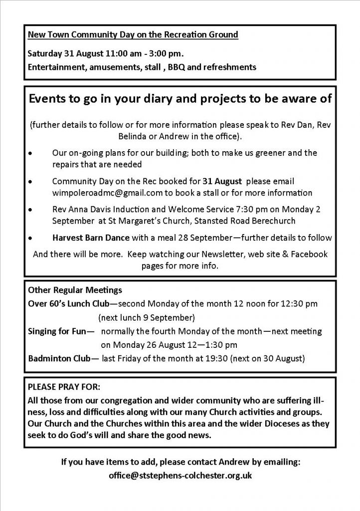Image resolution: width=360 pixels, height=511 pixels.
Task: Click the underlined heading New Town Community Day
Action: (133, 34)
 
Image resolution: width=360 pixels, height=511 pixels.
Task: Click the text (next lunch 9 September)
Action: (146, 317)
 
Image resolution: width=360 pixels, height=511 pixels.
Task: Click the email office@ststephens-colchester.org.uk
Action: (180, 476)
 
